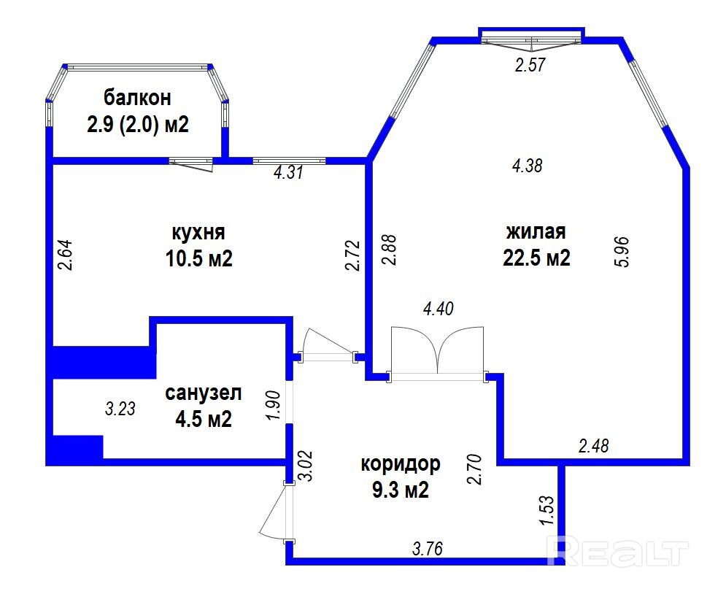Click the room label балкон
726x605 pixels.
point(137,98)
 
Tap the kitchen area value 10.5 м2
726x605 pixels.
point(199,258)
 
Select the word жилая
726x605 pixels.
point(536,231)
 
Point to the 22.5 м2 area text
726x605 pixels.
point(536,258)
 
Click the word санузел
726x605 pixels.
point(204,393)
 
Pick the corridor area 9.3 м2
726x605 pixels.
point(401,490)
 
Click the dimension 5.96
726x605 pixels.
point(623,252)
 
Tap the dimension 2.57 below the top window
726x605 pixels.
point(530,64)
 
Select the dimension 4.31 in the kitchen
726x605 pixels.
point(288,172)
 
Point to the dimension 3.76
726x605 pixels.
point(428,549)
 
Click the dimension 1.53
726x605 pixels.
point(547,510)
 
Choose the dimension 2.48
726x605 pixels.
point(594,446)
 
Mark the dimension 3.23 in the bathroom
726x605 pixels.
point(120,409)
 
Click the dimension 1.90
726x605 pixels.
point(274,405)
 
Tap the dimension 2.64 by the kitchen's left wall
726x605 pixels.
point(65,254)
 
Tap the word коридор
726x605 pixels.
point(401,463)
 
